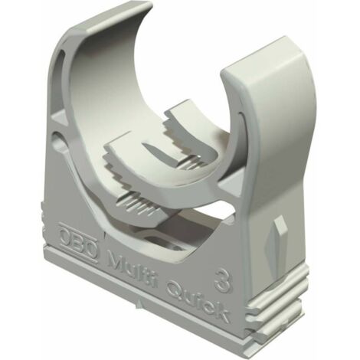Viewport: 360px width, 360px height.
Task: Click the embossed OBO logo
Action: [x=79, y=243]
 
